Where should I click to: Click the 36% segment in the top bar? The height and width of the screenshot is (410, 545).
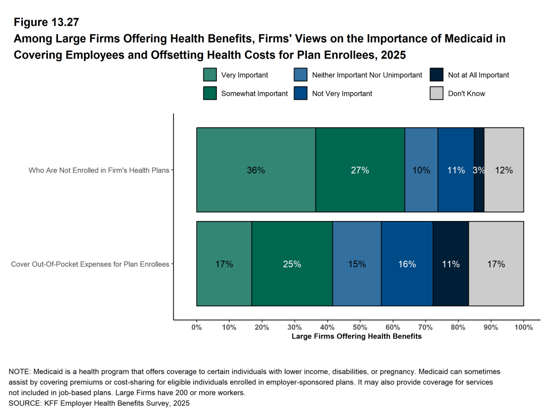(x=256, y=170)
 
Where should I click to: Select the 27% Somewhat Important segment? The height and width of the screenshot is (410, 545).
(x=360, y=170)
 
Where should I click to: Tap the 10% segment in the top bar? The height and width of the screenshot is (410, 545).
(x=421, y=170)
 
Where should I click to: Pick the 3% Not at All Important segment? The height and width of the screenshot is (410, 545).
(x=479, y=170)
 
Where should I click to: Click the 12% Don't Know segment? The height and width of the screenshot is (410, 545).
(x=503, y=170)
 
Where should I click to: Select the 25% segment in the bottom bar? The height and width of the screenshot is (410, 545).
(x=292, y=264)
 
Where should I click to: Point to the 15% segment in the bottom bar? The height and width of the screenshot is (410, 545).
(x=357, y=264)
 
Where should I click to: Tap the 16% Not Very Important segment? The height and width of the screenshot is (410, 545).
(x=407, y=264)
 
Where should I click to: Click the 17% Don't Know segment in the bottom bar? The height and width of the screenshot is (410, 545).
(x=496, y=264)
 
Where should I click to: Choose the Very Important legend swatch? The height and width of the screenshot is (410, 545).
(x=210, y=75)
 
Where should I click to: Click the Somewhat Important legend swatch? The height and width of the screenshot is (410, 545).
(x=210, y=93)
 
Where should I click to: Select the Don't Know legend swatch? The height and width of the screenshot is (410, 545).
(x=436, y=93)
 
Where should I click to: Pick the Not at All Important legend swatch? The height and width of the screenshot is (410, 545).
(x=436, y=75)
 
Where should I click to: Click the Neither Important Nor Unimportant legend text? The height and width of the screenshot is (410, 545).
(x=367, y=75)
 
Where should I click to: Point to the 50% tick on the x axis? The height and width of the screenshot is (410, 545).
(x=360, y=327)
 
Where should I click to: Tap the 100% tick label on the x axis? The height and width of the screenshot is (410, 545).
(x=524, y=327)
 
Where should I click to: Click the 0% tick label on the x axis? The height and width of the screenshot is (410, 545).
(x=197, y=327)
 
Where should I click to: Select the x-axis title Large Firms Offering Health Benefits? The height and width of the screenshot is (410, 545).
(x=357, y=336)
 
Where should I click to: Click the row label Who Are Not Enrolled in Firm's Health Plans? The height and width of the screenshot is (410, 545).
(x=99, y=170)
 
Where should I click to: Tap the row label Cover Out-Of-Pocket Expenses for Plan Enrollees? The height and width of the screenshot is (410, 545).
(x=90, y=264)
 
